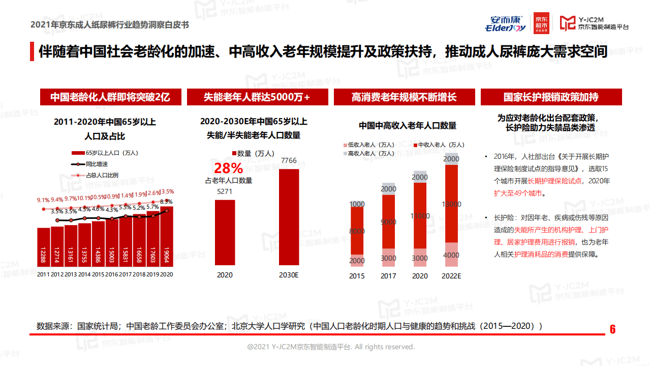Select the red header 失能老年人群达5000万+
point(256,97)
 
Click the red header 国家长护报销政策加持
point(551,97)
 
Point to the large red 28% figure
point(228,168)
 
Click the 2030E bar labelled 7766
point(289,217)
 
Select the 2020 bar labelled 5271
point(225,232)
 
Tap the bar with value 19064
point(166,236)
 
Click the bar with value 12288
point(44,247)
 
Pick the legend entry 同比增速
point(97,164)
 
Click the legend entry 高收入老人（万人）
point(370,153)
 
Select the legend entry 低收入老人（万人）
point(370,145)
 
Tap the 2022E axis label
point(451,276)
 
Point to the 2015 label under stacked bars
point(357,276)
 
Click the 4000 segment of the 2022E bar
point(451,255)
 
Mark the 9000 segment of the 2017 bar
point(388,222)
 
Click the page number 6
point(612,329)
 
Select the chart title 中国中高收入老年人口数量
point(408,125)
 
